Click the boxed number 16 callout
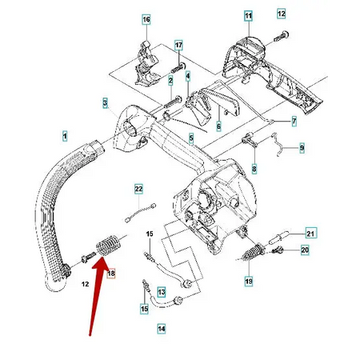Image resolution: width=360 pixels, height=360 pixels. pos(146,18)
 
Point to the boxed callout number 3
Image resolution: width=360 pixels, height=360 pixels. pos(105,102)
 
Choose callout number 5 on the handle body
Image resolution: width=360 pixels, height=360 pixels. pos(190,138)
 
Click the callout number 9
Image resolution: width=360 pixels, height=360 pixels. pos(302,148)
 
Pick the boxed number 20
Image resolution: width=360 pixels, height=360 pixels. pos(304,251)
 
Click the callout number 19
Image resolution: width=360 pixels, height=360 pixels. pos(248,281)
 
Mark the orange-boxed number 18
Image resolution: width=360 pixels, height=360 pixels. pos(111,274)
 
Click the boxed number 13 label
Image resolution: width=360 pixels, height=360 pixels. pos(161,292)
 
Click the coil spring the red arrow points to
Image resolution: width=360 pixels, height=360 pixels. pos(106,243)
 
